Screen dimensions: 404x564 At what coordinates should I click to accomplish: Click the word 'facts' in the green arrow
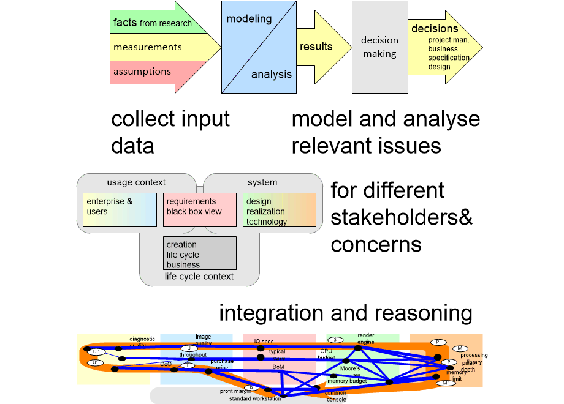pyautogui.click(x=125, y=23)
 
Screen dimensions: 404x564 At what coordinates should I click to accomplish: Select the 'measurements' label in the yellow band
pyautogui.click(x=147, y=47)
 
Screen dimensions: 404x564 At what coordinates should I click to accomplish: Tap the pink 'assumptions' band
pyautogui.click(x=142, y=72)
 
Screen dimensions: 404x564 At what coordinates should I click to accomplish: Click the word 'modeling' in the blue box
pyautogui.click(x=249, y=19)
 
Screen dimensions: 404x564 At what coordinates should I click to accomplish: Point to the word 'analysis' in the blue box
pyautogui.click(x=272, y=75)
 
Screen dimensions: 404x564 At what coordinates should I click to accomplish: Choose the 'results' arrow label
pyautogui.click(x=316, y=47)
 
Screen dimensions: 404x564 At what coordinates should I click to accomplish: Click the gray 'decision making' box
pyautogui.click(x=379, y=47)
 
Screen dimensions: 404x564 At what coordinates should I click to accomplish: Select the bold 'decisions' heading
pyautogui.click(x=435, y=29)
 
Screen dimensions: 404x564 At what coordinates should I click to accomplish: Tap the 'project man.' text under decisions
pyautogui.click(x=449, y=40)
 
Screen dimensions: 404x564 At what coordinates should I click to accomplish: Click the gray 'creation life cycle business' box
pyautogui.click(x=199, y=253)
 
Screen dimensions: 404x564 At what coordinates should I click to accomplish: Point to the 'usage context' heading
pyautogui.click(x=136, y=182)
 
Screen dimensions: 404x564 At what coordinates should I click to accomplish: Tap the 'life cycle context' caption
pyautogui.click(x=199, y=277)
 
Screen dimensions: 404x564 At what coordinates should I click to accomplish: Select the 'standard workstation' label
pyautogui.click(x=255, y=399)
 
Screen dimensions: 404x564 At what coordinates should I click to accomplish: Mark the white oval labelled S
pyautogui.click(x=335, y=340)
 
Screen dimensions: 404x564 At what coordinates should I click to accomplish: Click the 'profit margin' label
pyautogui.click(x=233, y=391)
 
